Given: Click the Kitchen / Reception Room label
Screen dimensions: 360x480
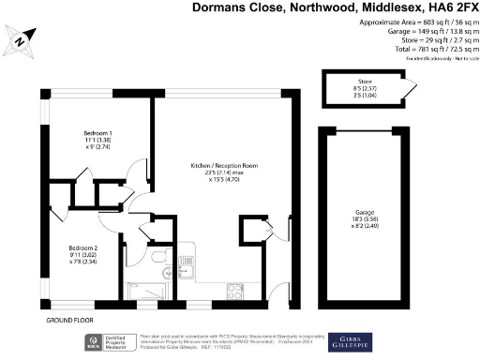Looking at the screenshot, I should click(217, 165).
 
